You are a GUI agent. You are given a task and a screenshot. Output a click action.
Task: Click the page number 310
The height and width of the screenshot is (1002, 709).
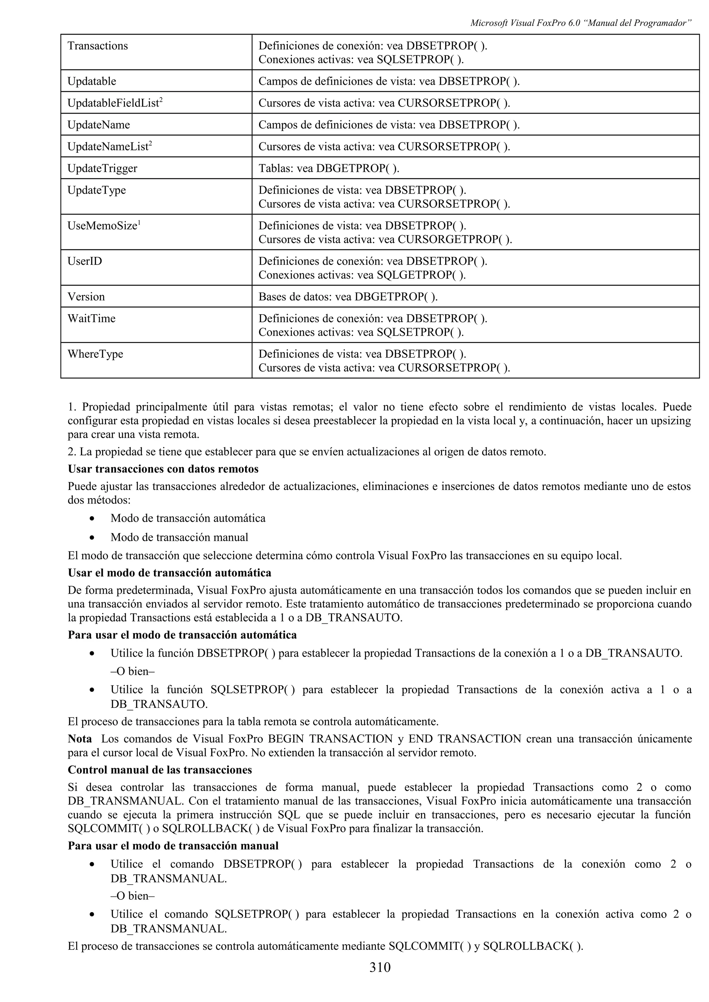380,967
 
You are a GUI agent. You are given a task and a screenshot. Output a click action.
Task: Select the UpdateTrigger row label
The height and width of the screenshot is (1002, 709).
102,168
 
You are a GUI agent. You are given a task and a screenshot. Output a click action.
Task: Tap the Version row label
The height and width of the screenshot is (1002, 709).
86,297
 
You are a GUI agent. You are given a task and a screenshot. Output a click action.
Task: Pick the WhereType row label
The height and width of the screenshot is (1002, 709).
95,354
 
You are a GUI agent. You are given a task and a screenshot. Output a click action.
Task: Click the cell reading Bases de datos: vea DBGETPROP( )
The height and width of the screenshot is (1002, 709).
348,297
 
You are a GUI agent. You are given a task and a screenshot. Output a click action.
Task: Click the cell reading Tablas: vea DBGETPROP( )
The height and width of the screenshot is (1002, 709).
329,168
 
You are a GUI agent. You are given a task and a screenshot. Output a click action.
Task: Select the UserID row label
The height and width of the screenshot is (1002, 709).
84,261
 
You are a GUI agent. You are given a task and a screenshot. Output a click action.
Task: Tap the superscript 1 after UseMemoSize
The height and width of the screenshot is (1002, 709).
139,223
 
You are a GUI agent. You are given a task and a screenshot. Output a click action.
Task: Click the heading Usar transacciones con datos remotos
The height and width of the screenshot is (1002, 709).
163,469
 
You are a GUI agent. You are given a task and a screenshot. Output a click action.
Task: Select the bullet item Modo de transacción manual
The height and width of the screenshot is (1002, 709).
179,537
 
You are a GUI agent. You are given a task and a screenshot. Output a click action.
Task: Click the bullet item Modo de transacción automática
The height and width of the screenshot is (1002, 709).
188,518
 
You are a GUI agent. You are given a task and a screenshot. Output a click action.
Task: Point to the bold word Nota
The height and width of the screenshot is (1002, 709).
80,739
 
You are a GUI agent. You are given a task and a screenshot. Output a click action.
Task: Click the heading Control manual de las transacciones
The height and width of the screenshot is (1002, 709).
160,770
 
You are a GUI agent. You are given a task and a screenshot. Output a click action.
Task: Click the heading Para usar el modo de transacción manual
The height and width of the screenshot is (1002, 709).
173,846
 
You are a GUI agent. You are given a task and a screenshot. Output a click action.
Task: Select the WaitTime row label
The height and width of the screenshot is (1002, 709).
91,318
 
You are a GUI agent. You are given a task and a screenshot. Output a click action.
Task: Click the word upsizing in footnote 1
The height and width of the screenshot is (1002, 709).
671,421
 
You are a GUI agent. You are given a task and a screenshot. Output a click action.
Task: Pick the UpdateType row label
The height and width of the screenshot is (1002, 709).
96,190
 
